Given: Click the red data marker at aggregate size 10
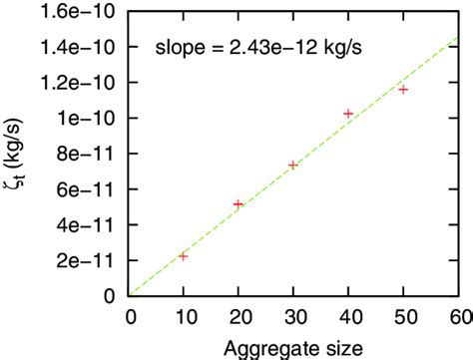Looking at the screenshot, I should pyautogui.click(x=183, y=256).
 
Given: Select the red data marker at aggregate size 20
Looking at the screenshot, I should pyautogui.click(x=237, y=204).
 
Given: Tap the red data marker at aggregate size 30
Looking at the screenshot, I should pyautogui.click(x=292, y=165).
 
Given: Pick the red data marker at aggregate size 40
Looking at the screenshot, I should pyautogui.click(x=348, y=114).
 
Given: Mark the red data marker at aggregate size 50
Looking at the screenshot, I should pyautogui.click(x=403, y=89).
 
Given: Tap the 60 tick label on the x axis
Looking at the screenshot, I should pyautogui.click(x=458, y=315).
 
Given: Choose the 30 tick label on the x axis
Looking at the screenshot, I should pyautogui.click(x=293, y=315).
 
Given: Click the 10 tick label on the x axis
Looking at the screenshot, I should pyautogui.click(x=183, y=315).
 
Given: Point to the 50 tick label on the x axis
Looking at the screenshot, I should pyautogui.click(x=403, y=315).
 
